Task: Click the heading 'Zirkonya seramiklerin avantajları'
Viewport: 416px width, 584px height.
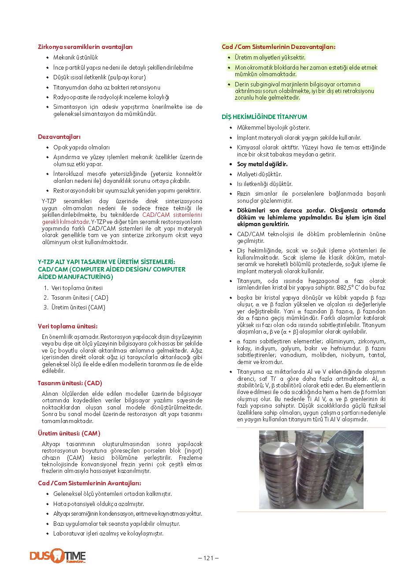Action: (85, 47)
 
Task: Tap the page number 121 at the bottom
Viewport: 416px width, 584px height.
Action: (208, 558)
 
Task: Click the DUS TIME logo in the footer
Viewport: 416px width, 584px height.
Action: (58, 556)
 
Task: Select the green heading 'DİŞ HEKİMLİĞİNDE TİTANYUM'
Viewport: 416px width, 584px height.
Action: (264, 117)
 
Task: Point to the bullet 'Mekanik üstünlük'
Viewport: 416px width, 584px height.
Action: (75, 57)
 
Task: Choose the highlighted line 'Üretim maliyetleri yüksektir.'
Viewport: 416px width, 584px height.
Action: (270, 57)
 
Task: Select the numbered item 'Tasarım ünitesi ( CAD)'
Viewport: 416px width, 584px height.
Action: (80, 298)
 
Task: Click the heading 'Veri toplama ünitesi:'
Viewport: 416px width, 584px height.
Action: (68, 326)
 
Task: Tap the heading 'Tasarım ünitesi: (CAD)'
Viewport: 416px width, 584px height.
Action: (70, 383)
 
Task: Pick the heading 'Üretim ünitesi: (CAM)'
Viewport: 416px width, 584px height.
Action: (69, 433)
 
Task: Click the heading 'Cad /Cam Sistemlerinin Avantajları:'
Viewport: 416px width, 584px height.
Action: (89, 483)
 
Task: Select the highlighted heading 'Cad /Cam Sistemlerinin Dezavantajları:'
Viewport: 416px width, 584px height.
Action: (279, 47)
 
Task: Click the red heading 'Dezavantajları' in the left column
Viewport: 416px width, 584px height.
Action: (59, 137)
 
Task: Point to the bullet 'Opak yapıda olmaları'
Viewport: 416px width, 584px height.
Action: (82, 147)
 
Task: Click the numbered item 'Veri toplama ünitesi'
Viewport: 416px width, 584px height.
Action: (77, 288)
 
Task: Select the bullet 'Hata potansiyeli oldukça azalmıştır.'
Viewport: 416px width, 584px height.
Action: (99, 504)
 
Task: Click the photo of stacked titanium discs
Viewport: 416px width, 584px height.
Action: (311, 469)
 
